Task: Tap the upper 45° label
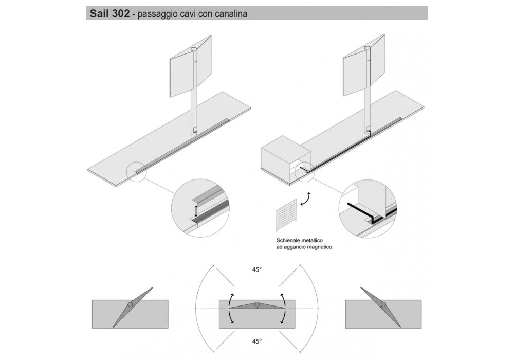[257, 269]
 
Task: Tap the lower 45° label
[257, 341]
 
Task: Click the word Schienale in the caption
[289, 240]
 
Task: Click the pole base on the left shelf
[194, 131]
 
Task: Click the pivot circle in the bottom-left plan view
[130, 304]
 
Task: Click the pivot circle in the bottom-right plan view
[383, 304]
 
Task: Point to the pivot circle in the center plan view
[256, 304]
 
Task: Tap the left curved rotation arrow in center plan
[230, 308]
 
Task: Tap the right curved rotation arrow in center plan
[284, 308]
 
